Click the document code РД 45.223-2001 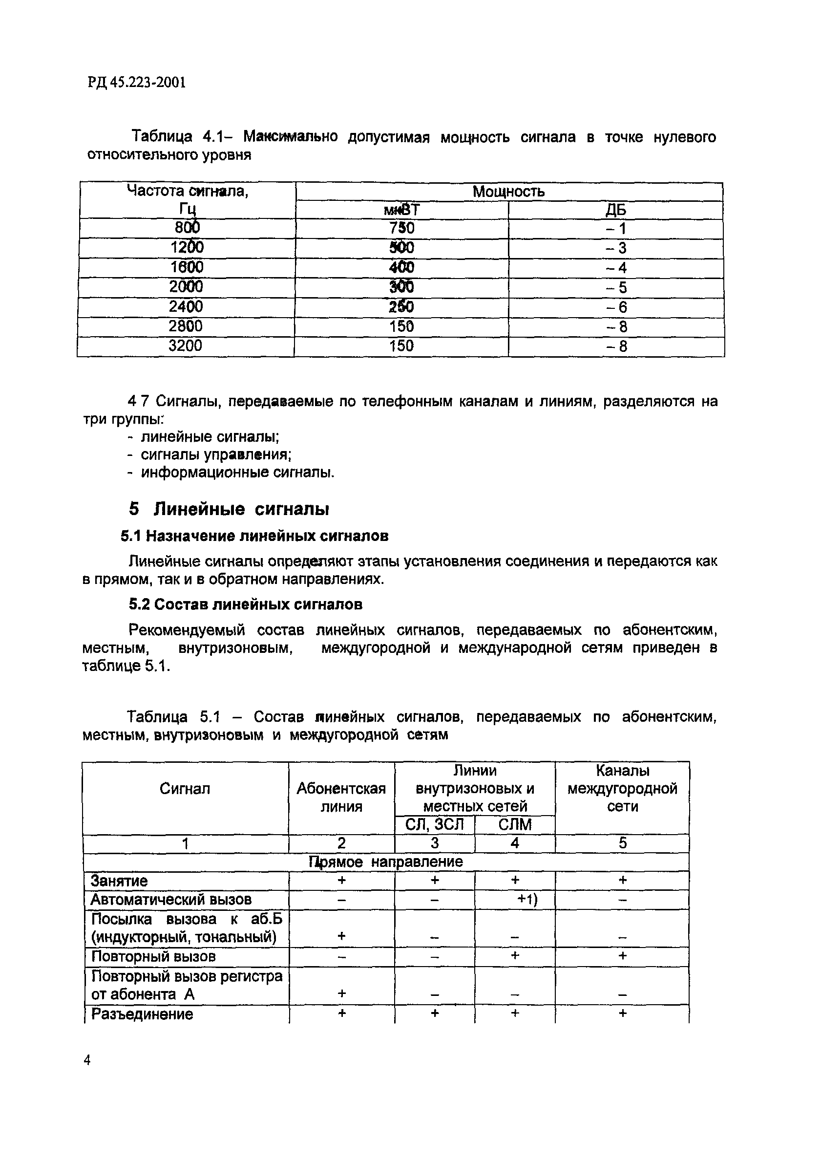[136, 82]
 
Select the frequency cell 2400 [186, 307]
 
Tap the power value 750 [401, 228]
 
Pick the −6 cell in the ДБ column [616, 307]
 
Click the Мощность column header [508, 192]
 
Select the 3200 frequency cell [185, 346]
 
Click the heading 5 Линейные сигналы [229, 509]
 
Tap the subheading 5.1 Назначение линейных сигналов [254, 536]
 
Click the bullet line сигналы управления [215, 455]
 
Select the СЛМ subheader [515, 824]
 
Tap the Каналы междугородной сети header [622, 788]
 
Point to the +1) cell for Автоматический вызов [526, 899]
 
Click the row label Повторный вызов [153, 956]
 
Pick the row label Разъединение [142, 1014]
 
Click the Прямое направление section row [386, 862]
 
